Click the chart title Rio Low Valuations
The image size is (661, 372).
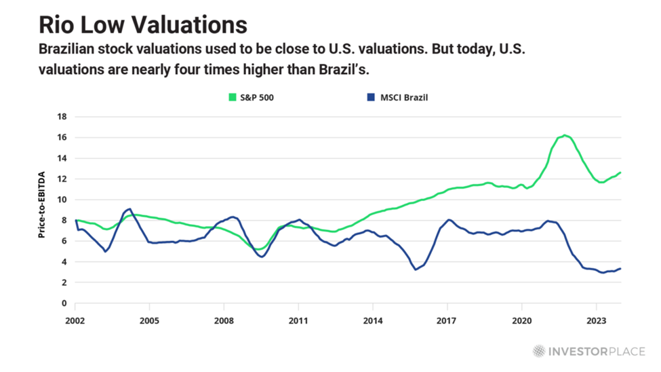point(142,24)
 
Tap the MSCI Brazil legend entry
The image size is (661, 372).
point(400,97)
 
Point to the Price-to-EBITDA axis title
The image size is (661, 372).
point(41,204)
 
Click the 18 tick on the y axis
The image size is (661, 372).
point(62,117)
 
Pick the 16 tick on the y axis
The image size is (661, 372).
point(62,138)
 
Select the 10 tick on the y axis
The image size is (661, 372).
point(62,200)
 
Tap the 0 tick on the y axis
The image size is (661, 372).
point(64,303)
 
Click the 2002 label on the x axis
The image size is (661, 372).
point(75,319)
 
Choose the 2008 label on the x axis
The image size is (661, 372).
point(224,319)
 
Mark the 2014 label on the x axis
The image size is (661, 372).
point(372,319)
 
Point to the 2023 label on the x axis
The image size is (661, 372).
point(596,319)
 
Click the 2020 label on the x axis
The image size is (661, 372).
point(521,319)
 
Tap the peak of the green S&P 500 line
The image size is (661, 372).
point(564,135)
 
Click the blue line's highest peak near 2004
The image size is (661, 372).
point(129,209)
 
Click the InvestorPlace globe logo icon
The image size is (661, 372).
point(538,351)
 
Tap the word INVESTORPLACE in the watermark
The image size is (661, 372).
point(595,351)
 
